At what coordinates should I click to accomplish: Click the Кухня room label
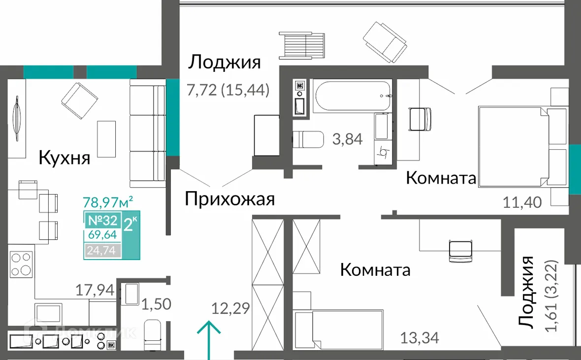click(65, 158)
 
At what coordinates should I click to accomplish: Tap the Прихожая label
click(229, 199)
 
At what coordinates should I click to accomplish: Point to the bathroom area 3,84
click(348, 139)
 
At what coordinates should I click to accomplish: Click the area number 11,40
click(523, 202)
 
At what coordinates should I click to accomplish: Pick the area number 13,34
click(420, 337)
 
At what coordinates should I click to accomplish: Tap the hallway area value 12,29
click(231, 309)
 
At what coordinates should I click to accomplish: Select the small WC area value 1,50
click(157, 304)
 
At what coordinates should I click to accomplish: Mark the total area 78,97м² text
click(109, 202)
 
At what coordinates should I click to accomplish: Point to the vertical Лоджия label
click(527, 293)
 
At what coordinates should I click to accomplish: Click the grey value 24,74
click(102, 251)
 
